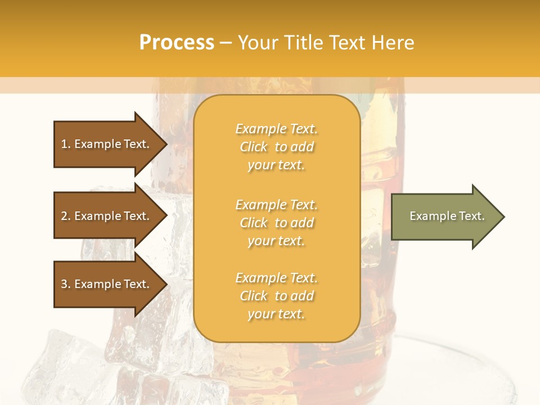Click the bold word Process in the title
click(x=177, y=43)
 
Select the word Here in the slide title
click(x=393, y=43)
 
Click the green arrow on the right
click(x=444, y=217)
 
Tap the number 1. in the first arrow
click(x=66, y=144)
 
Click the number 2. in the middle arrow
click(x=66, y=216)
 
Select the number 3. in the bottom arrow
click(x=66, y=284)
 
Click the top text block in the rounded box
click(x=276, y=147)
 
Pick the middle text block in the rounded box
click(x=276, y=223)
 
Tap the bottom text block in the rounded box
click(x=276, y=296)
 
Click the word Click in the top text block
click(x=254, y=147)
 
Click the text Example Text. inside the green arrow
click(x=447, y=216)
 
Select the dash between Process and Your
click(x=226, y=43)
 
